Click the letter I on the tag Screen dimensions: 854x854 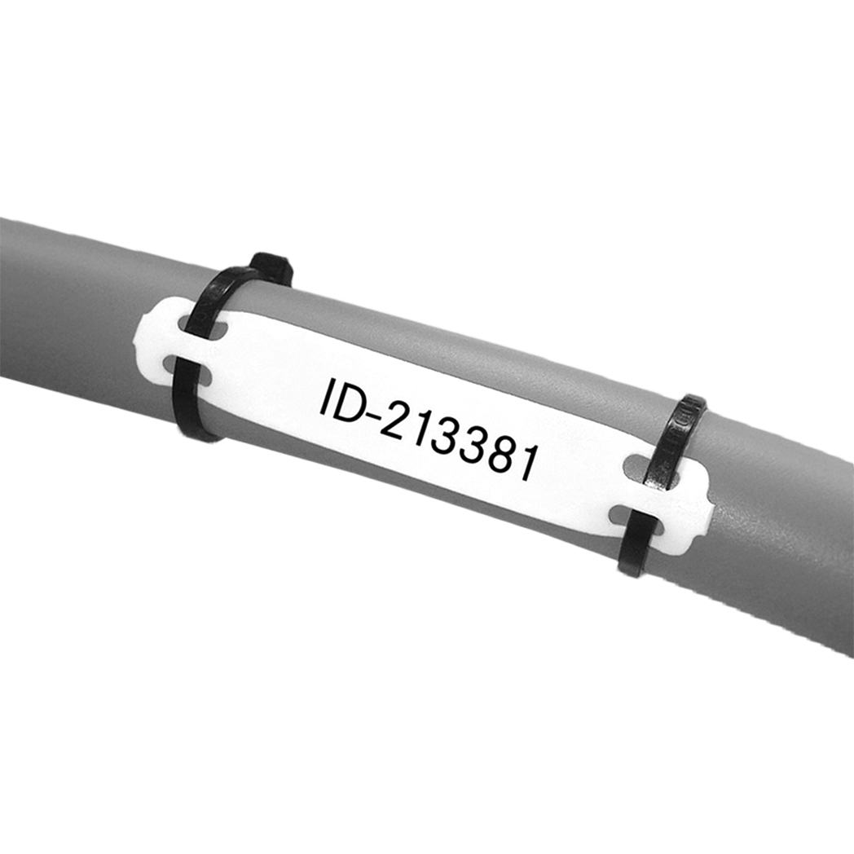pos(325,397)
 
